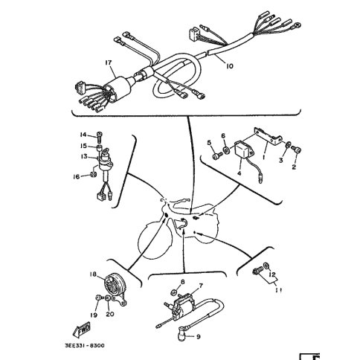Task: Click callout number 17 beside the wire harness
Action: [109, 62]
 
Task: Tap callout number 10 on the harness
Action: [230, 66]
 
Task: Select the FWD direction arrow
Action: [82, 330]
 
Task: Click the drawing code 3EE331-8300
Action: [85, 345]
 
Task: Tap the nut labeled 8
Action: [174, 292]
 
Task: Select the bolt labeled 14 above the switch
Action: [100, 135]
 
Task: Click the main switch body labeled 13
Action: [106, 162]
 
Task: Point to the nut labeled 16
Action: [93, 174]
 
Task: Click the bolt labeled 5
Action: [217, 155]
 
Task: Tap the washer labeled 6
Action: [226, 150]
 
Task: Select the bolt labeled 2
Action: [296, 150]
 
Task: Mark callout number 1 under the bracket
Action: [264, 157]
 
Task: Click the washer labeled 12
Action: [266, 266]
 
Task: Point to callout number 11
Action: [278, 290]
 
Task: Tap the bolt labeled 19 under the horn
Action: [99, 297]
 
